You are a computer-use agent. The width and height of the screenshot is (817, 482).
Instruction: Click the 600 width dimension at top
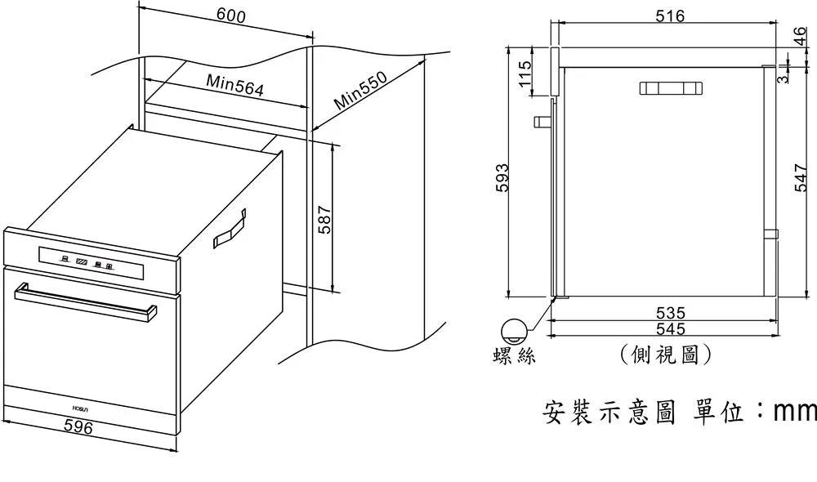[231, 16]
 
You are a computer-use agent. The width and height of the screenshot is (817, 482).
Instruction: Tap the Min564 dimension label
[234, 85]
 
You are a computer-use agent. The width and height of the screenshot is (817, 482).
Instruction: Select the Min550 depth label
[360, 91]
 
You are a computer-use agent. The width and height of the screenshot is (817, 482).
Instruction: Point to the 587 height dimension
[324, 220]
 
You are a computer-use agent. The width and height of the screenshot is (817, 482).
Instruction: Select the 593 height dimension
[502, 179]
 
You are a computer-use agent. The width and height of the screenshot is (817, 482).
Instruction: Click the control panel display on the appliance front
[85, 261]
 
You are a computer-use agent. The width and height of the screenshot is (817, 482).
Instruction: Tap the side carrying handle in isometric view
[230, 230]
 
